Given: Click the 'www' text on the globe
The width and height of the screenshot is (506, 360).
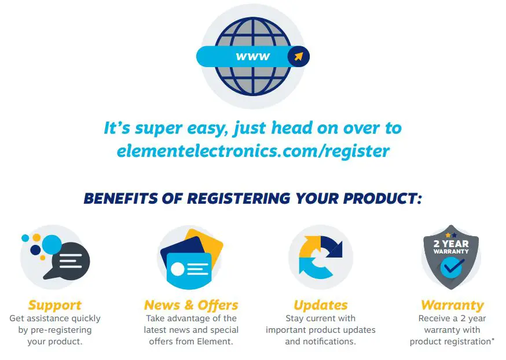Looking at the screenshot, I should click(x=253, y=57).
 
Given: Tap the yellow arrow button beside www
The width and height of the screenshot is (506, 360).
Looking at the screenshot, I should click(x=298, y=57).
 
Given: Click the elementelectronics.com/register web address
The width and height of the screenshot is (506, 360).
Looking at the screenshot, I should click(x=253, y=150).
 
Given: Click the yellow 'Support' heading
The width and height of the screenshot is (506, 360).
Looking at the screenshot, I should click(x=54, y=305).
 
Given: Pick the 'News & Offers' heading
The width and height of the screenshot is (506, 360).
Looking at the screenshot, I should click(x=191, y=305).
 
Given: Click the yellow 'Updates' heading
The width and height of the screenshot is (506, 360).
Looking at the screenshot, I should click(x=320, y=305).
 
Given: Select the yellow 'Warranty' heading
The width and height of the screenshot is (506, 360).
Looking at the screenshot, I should click(x=452, y=305).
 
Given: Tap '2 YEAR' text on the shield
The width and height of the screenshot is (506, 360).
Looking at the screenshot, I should click(x=451, y=244).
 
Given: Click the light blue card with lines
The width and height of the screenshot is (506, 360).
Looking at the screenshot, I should click(x=189, y=270).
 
